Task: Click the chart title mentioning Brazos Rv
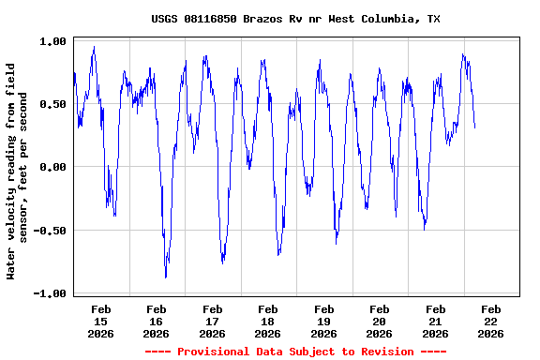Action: click(x=295, y=19)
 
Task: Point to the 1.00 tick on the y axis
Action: click(x=52, y=41)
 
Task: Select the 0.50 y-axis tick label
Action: click(x=52, y=104)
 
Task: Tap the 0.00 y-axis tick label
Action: click(x=52, y=167)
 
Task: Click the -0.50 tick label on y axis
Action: click(x=50, y=231)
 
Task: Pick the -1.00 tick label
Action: click(x=50, y=293)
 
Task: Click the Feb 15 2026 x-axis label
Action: click(x=101, y=321)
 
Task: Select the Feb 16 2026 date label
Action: click(x=157, y=321)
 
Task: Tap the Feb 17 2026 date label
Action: click(x=213, y=321)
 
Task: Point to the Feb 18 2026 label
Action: click(x=268, y=321)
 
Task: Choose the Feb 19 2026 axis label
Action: click(x=324, y=321)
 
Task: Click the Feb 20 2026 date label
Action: click(x=380, y=321)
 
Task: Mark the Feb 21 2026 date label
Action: click(x=435, y=321)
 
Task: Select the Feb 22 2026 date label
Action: click(x=490, y=321)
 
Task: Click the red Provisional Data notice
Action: click(x=295, y=352)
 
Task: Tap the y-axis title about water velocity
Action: click(x=18, y=171)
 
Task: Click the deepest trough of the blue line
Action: click(x=166, y=277)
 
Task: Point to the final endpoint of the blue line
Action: click(x=475, y=127)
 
